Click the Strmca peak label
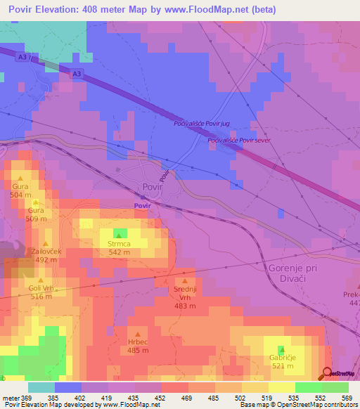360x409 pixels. click(x=119, y=243)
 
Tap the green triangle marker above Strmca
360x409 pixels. click(x=119, y=233)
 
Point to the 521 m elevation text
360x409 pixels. click(x=282, y=367)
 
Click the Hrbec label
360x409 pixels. click(x=136, y=342)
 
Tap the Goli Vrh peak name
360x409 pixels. click(x=41, y=288)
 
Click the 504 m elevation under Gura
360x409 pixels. click(x=20, y=195)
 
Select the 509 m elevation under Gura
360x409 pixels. click(x=37, y=219)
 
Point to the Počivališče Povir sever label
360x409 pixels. click(x=239, y=141)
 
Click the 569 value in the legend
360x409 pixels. click(x=347, y=398)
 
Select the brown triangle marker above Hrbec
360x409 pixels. click(x=137, y=334)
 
